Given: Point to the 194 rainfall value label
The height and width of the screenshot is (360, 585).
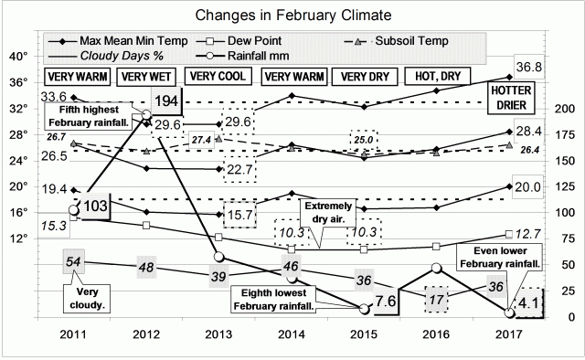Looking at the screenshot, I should (x=167, y=101).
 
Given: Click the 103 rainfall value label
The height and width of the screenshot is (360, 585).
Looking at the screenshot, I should (x=93, y=207).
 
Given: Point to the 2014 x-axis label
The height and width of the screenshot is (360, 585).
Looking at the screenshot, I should (x=292, y=334).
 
